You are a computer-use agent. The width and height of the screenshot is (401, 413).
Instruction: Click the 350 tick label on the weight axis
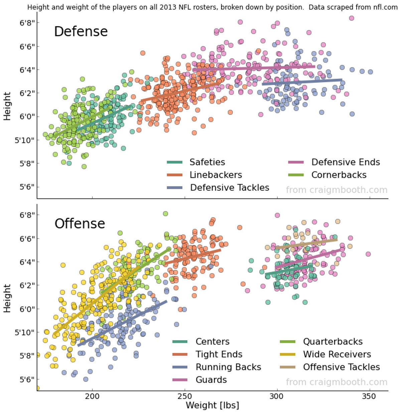pos(369,397)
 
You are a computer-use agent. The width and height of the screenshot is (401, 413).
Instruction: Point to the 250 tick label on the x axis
pos(185,397)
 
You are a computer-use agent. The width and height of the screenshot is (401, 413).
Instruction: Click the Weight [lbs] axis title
pos(212,405)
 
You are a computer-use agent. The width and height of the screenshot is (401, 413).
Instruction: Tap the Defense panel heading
pos(81,31)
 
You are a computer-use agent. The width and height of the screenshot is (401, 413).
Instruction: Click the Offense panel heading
pos(80,223)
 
